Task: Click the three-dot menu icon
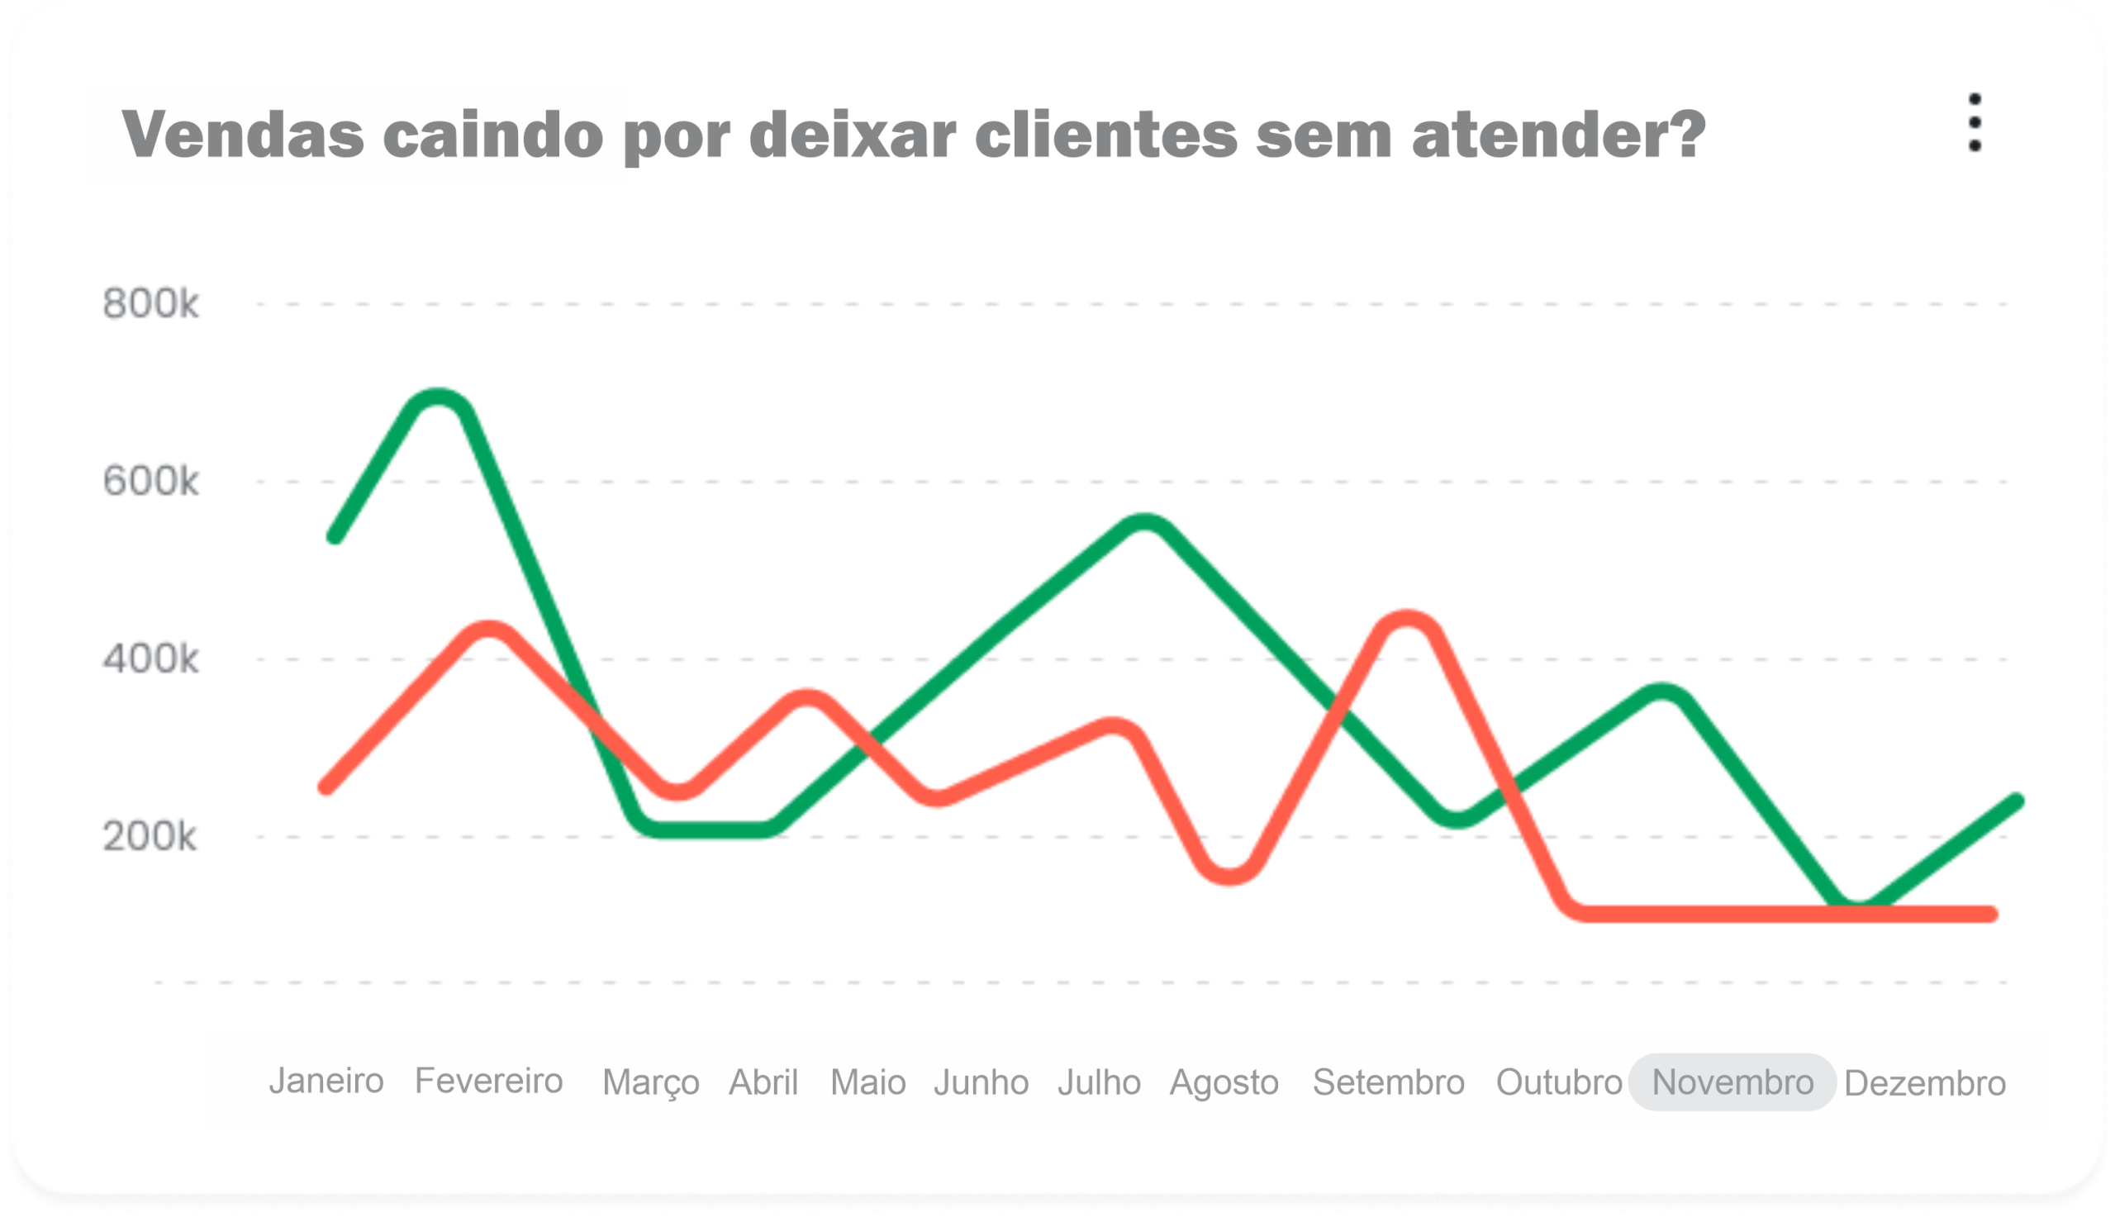(1975, 123)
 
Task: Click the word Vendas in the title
(243, 134)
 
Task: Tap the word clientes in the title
(1105, 134)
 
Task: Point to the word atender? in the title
(1558, 134)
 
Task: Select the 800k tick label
(150, 303)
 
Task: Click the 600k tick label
(150, 482)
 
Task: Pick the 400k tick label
(150, 659)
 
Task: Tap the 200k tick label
(150, 837)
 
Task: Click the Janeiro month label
(326, 1081)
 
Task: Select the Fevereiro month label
(489, 1081)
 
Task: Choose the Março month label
(651, 1082)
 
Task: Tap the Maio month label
(867, 1082)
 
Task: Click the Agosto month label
(1224, 1082)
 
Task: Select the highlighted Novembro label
(1732, 1082)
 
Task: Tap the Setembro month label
(1389, 1082)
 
